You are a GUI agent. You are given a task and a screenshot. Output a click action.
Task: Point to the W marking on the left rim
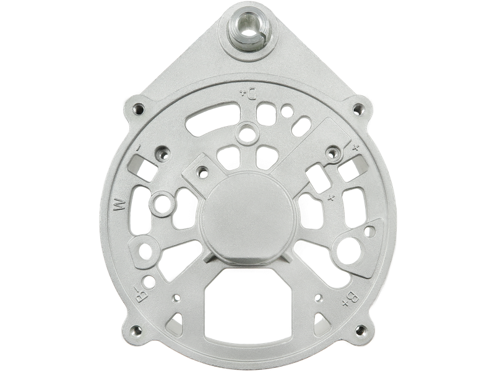tap(121, 205)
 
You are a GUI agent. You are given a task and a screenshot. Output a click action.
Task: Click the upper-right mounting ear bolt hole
tap(357, 110)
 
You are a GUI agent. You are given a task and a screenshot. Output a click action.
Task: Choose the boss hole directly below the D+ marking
tap(249, 130)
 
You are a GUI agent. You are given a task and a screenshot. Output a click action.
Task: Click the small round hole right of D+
tap(286, 111)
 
